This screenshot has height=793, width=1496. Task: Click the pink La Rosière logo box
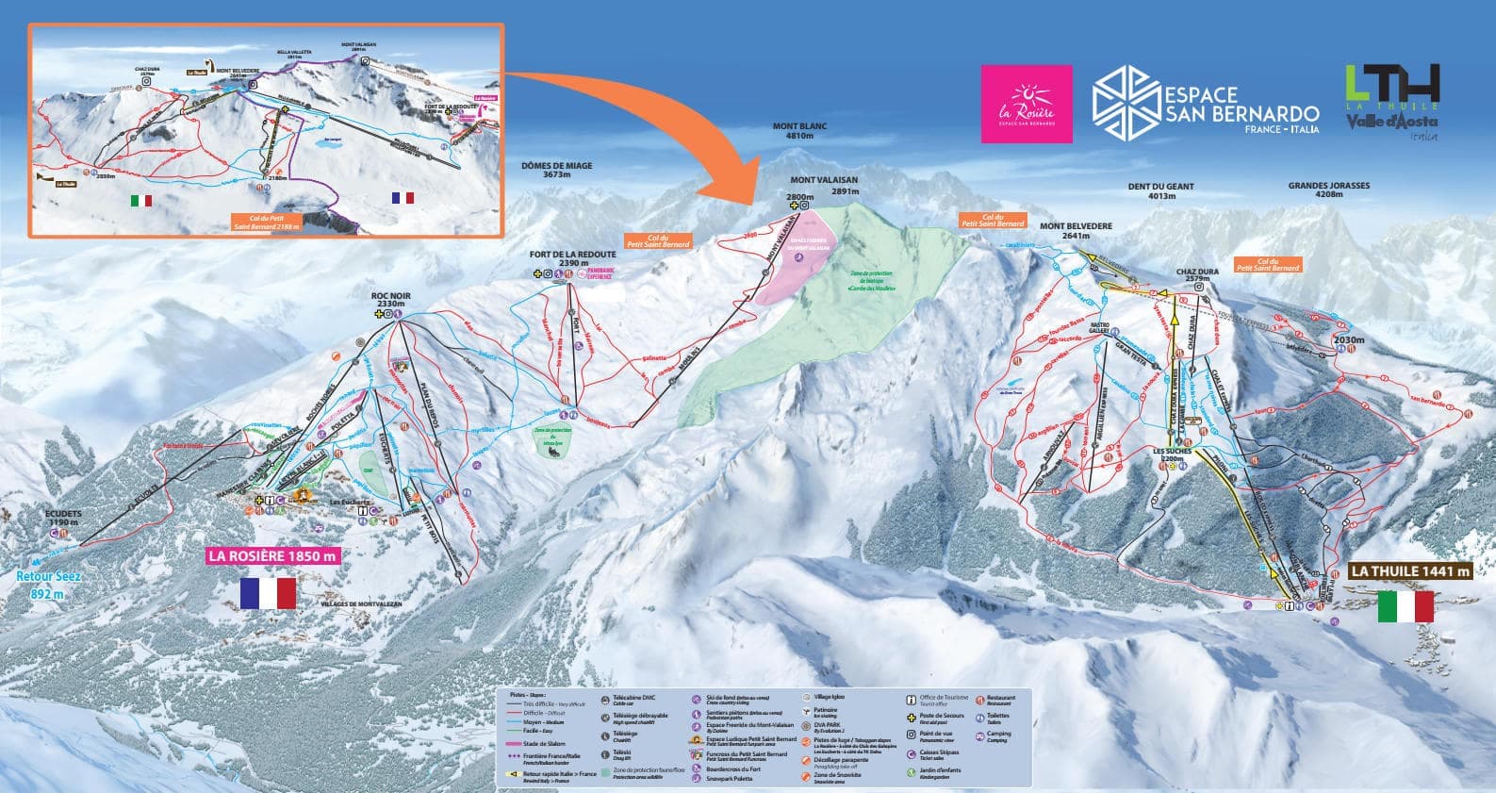pos(1027,104)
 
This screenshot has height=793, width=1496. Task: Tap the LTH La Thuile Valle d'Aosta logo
pos(1392,102)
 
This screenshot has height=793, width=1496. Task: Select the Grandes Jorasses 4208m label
pos(1328,191)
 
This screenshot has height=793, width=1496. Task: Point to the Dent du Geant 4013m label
pos(1160,191)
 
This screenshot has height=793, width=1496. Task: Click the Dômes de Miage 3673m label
pos(556,170)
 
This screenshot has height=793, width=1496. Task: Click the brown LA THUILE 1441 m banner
pos(1409,571)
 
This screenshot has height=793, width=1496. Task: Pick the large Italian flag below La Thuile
pos(1405,607)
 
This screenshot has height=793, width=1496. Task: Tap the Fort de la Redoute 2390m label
pos(572,259)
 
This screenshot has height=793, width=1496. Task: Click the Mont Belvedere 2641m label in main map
pos(1076,232)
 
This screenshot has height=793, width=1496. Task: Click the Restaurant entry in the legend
pos(999,701)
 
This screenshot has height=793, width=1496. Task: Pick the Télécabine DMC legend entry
pos(627,700)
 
